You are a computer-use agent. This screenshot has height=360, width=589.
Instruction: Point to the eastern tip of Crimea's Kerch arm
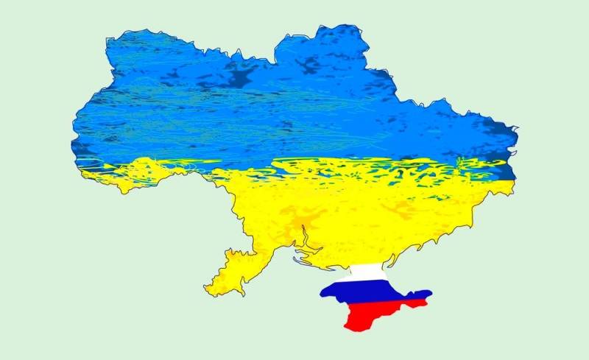(x=431, y=295)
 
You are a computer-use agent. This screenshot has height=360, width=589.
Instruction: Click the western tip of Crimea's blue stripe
(x=321, y=293)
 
